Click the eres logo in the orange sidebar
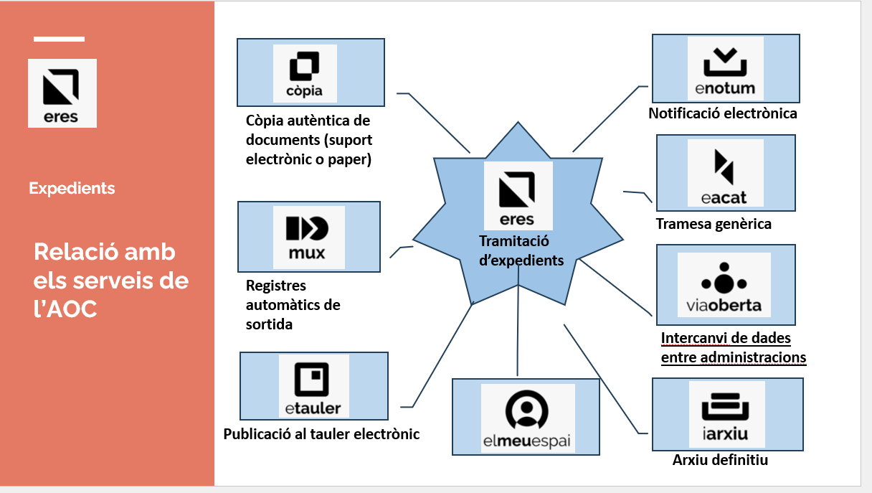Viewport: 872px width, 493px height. pos(62,93)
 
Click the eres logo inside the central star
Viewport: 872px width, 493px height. pos(518,194)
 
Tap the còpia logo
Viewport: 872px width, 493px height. pos(305,72)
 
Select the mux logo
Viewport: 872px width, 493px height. pos(308,237)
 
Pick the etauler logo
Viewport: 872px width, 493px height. pos(313,387)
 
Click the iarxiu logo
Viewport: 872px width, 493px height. pos(726,415)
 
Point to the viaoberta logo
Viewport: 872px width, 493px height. pos(724,285)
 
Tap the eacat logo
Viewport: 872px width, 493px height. pos(725,174)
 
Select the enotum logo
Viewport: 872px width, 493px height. pos(725,69)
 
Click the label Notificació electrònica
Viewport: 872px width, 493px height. pos(722,113)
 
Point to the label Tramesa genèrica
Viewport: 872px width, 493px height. pos(714,224)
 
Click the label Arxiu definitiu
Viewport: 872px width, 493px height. pos(720,460)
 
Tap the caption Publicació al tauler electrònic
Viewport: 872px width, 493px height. pos(321,434)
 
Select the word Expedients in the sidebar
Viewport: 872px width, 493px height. pos(72,189)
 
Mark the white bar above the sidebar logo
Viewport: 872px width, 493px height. pos(59,39)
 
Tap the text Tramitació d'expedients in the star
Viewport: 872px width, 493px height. pos(521,250)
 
